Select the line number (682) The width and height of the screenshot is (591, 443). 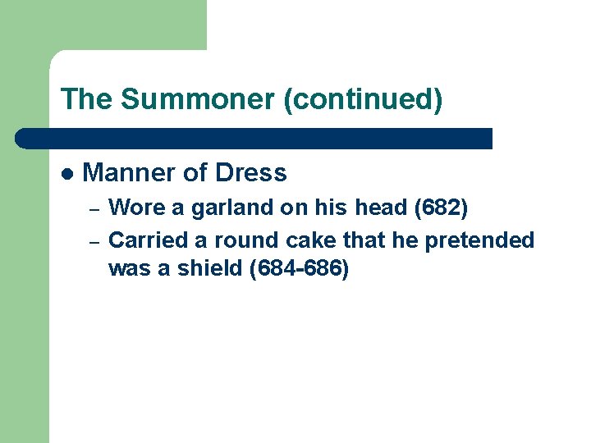(442, 208)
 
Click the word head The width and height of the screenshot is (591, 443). (384, 208)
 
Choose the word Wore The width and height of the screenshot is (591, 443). (136, 208)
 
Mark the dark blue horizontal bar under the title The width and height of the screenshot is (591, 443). (254, 138)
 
